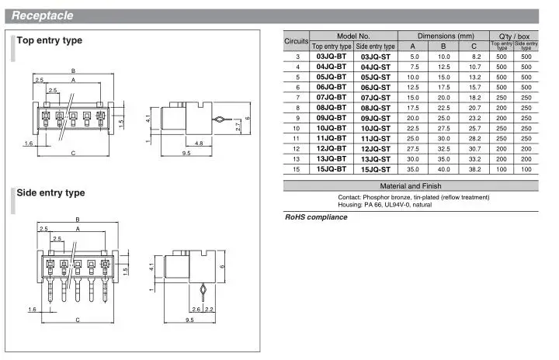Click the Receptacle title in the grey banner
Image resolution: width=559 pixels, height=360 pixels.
click(x=43, y=16)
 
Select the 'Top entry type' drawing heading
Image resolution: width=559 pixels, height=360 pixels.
click(x=50, y=40)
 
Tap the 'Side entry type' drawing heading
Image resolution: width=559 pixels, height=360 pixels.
click(x=50, y=193)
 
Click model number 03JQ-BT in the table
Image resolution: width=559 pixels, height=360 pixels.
click(x=332, y=57)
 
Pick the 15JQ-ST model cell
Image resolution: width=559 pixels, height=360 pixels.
click(x=376, y=170)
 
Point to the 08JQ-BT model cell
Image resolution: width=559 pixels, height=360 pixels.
click(x=332, y=108)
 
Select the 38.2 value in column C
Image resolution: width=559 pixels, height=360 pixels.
click(x=474, y=169)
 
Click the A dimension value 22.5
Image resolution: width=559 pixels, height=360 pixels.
click(x=413, y=128)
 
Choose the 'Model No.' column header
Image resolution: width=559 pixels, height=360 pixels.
click(x=353, y=36)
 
